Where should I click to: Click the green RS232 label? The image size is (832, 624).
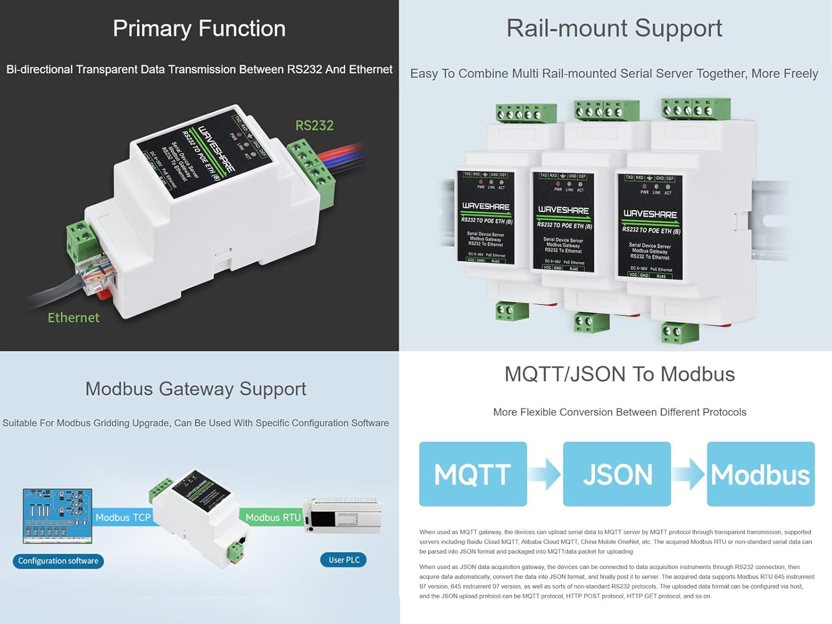pyautogui.click(x=314, y=125)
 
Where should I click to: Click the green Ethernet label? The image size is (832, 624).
pyautogui.click(x=73, y=318)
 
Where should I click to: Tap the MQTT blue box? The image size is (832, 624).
pyautogui.click(x=473, y=474)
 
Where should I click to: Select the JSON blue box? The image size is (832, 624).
pyautogui.click(x=617, y=474)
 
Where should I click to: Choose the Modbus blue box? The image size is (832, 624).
pyautogui.click(x=760, y=474)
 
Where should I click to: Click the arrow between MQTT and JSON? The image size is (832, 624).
pyautogui.click(x=546, y=474)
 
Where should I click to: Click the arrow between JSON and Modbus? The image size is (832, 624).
pyautogui.click(x=689, y=474)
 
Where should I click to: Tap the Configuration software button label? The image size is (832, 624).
pyautogui.click(x=58, y=561)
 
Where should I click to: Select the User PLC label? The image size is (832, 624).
pyautogui.click(x=343, y=560)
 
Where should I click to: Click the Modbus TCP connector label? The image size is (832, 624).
pyautogui.click(x=123, y=518)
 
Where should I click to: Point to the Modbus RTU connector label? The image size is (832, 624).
pyautogui.click(x=272, y=518)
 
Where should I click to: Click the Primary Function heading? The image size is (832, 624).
pyautogui.click(x=199, y=28)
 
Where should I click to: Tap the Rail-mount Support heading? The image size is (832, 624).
pyautogui.click(x=614, y=28)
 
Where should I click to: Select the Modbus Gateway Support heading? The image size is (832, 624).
pyautogui.click(x=195, y=389)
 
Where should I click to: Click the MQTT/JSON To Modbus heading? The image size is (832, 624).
pyautogui.click(x=620, y=374)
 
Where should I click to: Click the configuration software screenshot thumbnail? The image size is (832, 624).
pyautogui.click(x=57, y=516)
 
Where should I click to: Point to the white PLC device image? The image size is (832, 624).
pyautogui.click(x=342, y=516)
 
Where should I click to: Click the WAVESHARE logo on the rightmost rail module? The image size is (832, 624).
pyautogui.click(x=650, y=214)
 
